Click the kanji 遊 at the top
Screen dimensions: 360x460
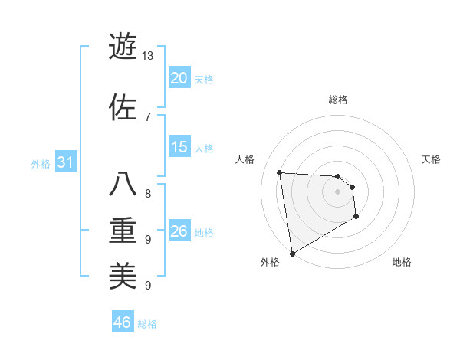(x=123, y=47)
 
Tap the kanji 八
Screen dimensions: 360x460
(x=123, y=185)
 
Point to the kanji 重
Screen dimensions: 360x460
(x=123, y=229)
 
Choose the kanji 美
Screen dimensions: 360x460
(x=123, y=274)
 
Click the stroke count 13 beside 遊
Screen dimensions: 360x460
(x=147, y=56)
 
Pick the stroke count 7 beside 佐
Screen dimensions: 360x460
(x=147, y=116)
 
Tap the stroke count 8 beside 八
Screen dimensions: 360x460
(x=147, y=193)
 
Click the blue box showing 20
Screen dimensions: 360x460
(x=179, y=78)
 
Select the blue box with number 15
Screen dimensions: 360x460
(x=179, y=147)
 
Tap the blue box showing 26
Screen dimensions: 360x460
(x=179, y=231)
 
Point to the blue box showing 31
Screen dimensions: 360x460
(x=65, y=162)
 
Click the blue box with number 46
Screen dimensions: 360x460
(x=123, y=322)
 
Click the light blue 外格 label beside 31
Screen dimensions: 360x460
(x=41, y=163)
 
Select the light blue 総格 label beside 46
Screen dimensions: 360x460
(x=147, y=324)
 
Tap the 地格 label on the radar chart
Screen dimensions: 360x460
(x=402, y=263)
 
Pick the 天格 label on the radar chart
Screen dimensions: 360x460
(x=432, y=159)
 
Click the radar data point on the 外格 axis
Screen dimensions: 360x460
(x=292, y=253)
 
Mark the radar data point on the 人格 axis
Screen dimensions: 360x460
(x=280, y=172)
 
